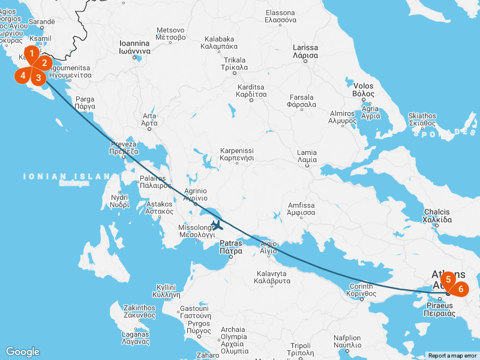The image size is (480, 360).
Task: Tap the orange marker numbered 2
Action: coord(44,62)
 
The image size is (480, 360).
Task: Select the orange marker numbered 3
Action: coord(38,77)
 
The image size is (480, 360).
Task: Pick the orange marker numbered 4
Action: coord(23,75)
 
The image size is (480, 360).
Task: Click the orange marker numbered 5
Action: coord(448,279)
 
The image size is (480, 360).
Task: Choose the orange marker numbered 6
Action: coord(461,289)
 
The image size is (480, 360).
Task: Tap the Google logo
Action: coord(22,352)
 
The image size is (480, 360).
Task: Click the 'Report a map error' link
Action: coord(452,356)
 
